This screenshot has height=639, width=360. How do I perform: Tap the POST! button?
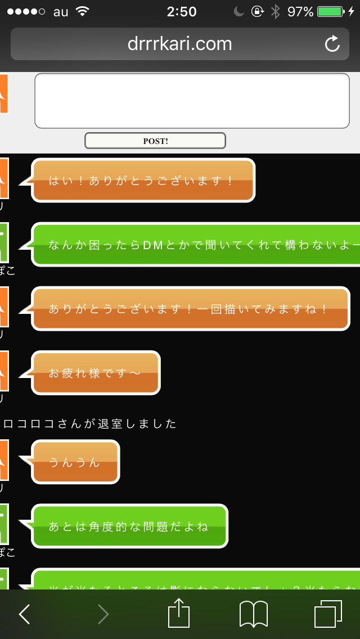[x=155, y=141]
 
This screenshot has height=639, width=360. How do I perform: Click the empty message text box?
[x=192, y=101]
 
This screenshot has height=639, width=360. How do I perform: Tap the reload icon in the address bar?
[x=332, y=44]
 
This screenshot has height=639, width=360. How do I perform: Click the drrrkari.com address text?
[x=179, y=44]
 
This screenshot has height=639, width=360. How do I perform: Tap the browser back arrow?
[x=24, y=614]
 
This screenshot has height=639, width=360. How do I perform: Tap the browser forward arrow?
[x=103, y=614]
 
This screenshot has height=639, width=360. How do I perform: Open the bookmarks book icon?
[x=253, y=614]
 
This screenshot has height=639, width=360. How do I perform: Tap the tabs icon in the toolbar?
[x=328, y=614]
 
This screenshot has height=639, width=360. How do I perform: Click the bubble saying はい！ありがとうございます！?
[x=143, y=180]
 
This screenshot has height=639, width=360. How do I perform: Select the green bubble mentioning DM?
[x=197, y=244]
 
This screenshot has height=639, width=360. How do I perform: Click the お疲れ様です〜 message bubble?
[x=96, y=372]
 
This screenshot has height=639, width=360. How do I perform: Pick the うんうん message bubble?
[x=75, y=462]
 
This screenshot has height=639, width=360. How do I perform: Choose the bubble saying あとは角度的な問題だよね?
[x=129, y=526]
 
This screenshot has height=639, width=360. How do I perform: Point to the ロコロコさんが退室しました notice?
[x=90, y=424]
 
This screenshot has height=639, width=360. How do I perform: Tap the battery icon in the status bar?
[x=332, y=12]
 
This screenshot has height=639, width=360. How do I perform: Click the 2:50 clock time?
[x=182, y=12]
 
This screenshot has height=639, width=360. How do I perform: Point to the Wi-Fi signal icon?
[x=83, y=12]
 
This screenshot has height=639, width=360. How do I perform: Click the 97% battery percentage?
[x=300, y=12]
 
